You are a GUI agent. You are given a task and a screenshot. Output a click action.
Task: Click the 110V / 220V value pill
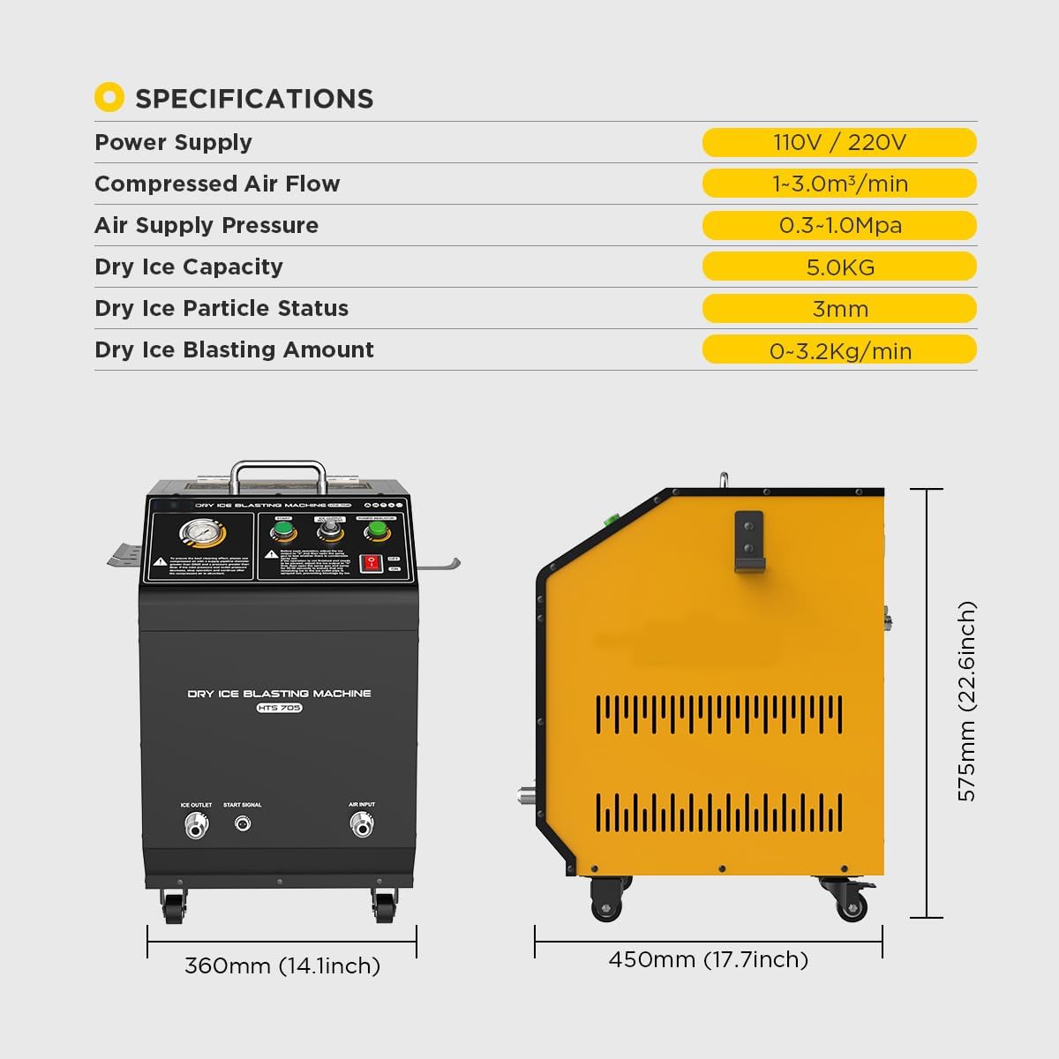[839, 142]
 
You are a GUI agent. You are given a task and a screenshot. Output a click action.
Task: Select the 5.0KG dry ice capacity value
[839, 267]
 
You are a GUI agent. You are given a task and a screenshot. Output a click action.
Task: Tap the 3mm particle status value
[839, 308]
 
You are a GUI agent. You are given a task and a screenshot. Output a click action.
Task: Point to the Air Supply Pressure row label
[207, 225]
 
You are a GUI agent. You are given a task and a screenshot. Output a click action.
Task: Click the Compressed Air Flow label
[217, 184]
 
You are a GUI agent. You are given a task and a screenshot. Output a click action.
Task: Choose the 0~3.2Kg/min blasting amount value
[839, 350]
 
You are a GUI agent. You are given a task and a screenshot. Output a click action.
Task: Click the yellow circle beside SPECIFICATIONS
[109, 97]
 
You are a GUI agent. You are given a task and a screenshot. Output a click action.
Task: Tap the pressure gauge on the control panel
[201, 534]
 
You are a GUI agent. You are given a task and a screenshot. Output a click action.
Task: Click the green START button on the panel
[283, 530]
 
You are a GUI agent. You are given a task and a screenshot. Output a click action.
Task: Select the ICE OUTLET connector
[196, 825]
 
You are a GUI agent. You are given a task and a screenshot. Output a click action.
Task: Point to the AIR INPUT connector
[362, 824]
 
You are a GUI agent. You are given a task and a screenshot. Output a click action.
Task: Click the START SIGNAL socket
[243, 823]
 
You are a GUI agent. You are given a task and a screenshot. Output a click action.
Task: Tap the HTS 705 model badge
[280, 708]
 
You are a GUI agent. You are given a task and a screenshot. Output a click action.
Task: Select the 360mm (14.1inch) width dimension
[282, 965]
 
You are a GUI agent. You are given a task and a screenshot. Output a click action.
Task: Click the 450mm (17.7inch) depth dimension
[708, 959]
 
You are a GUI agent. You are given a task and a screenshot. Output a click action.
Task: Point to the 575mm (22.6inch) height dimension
[967, 702]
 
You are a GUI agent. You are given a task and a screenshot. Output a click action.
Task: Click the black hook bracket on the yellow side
[748, 543]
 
